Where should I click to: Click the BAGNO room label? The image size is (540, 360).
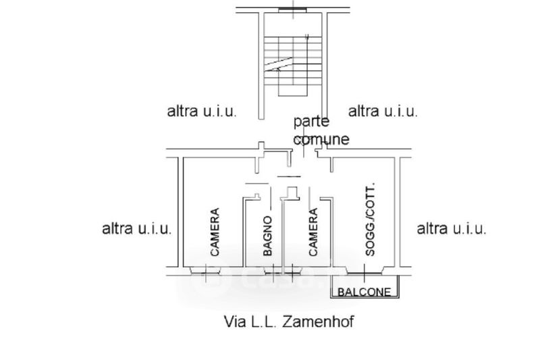(267, 236)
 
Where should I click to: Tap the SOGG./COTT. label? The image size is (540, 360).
(369, 221)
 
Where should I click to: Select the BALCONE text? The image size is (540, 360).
(364, 292)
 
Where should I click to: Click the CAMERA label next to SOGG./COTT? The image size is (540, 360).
(313, 232)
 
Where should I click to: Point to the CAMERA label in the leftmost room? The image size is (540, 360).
(215, 232)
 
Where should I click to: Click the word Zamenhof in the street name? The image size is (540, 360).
(317, 321)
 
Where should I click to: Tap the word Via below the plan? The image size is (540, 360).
(233, 321)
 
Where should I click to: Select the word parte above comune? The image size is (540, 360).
(311, 122)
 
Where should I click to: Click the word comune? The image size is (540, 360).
(321, 139)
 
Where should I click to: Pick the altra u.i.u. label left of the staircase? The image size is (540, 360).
(201, 111)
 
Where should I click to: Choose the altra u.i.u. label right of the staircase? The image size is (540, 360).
(383, 111)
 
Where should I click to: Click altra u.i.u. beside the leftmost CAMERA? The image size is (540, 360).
(137, 228)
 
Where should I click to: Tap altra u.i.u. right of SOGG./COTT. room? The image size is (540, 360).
(452, 228)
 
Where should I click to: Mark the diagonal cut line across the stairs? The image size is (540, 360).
(279, 65)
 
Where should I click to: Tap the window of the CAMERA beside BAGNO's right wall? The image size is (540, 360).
(292, 274)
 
